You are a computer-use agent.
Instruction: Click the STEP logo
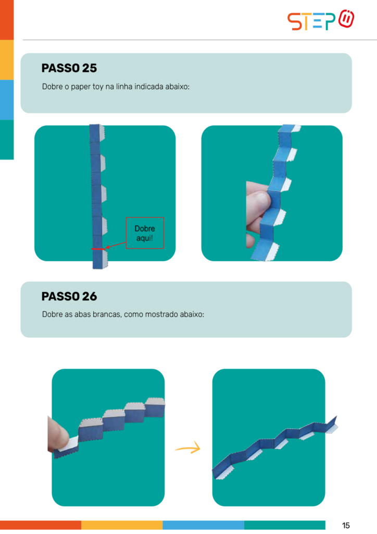coord(321,20)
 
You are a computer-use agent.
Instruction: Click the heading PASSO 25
coord(69,68)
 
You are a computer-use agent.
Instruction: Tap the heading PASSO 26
coord(69,296)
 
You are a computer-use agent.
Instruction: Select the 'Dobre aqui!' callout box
coord(145,233)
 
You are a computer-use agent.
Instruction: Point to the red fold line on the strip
coord(98,249)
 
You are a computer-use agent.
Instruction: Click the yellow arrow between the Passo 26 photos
coord(188,447)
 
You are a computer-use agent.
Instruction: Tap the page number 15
coord(346,525)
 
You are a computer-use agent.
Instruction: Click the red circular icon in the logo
coord(346,18)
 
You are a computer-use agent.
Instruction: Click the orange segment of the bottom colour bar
coord(41,525)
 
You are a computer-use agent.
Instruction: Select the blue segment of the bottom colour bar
coord(203,525)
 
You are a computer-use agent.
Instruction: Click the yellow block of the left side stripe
coord(7,59)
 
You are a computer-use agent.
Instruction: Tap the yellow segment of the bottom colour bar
coord(122,525)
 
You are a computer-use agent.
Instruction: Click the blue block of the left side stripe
coord(7,100)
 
